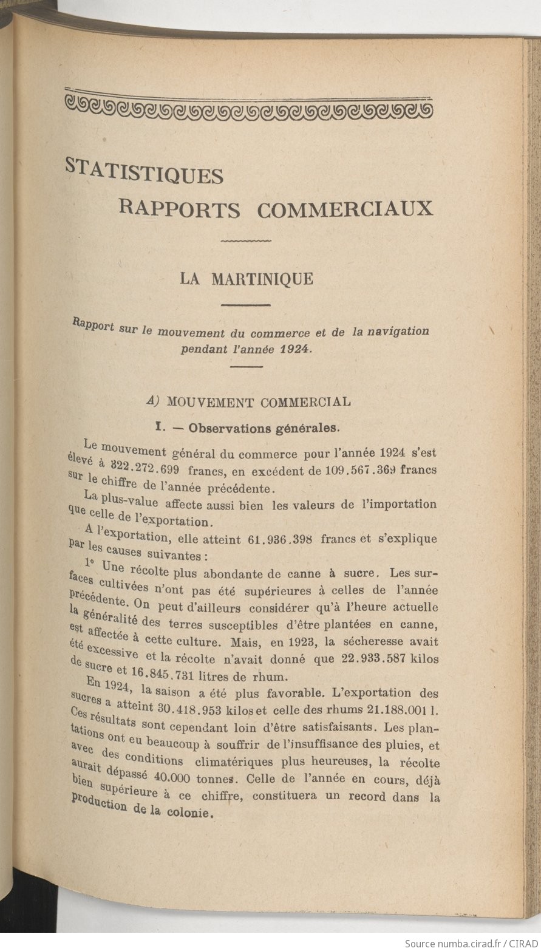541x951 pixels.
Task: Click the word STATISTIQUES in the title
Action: (145, 171)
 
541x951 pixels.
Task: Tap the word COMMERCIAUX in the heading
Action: (345, 209)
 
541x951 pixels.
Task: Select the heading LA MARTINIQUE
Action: (246, 279)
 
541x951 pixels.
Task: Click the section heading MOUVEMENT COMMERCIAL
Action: (258, 401)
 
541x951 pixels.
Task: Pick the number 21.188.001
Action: (391, 710)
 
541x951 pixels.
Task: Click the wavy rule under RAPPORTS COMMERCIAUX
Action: (246, 242)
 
